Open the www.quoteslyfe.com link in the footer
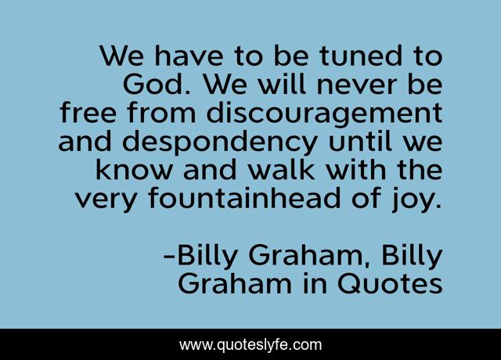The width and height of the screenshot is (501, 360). (250, 344)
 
